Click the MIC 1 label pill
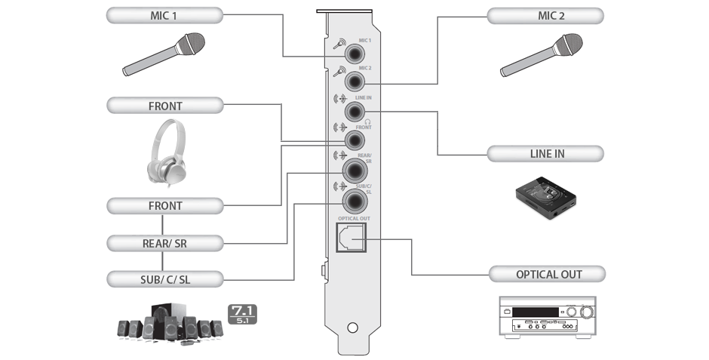(x=165, y=14)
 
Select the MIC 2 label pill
(x=545, y=14)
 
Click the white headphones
(x=165, y=151)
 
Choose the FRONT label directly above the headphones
(x=165, y=106)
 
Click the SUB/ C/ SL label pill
(x=165, y=278)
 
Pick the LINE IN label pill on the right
(x=545, y=154)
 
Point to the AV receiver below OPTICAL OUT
(x=548, y=318)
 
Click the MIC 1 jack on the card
(x=354, y=54)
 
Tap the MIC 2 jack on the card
(x=354, y=82)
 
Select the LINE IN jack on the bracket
(x=354, y=112)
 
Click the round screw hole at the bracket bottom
(x=352, y=329)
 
